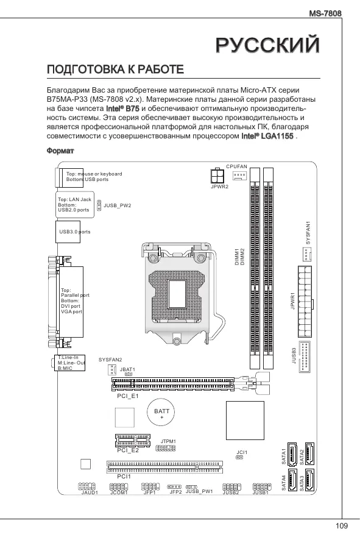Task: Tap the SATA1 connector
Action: pos(292,453)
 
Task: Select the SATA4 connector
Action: pos(292,480)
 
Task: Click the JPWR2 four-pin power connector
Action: pos(217,176)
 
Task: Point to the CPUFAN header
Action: pos(239,176)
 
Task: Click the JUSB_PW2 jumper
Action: pos(99,205)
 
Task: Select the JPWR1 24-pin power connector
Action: pos(305,301)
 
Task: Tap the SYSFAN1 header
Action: pos(306,254)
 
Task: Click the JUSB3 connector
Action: pos(305,357)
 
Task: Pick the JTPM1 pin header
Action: pos(166,449)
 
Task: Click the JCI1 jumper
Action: pos(239,457)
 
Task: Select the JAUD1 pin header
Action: pos(86,486)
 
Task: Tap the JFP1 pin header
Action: pos(150,486)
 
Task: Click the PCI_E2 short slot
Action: pos(133,440)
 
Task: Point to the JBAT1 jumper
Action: pos(129,374)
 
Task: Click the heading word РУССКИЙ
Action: pos(268,44)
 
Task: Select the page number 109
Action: pos(341,526)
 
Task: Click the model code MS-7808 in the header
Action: pos(325,13)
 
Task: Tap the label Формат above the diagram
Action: pos(60,151)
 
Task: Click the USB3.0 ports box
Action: pos(68,232)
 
